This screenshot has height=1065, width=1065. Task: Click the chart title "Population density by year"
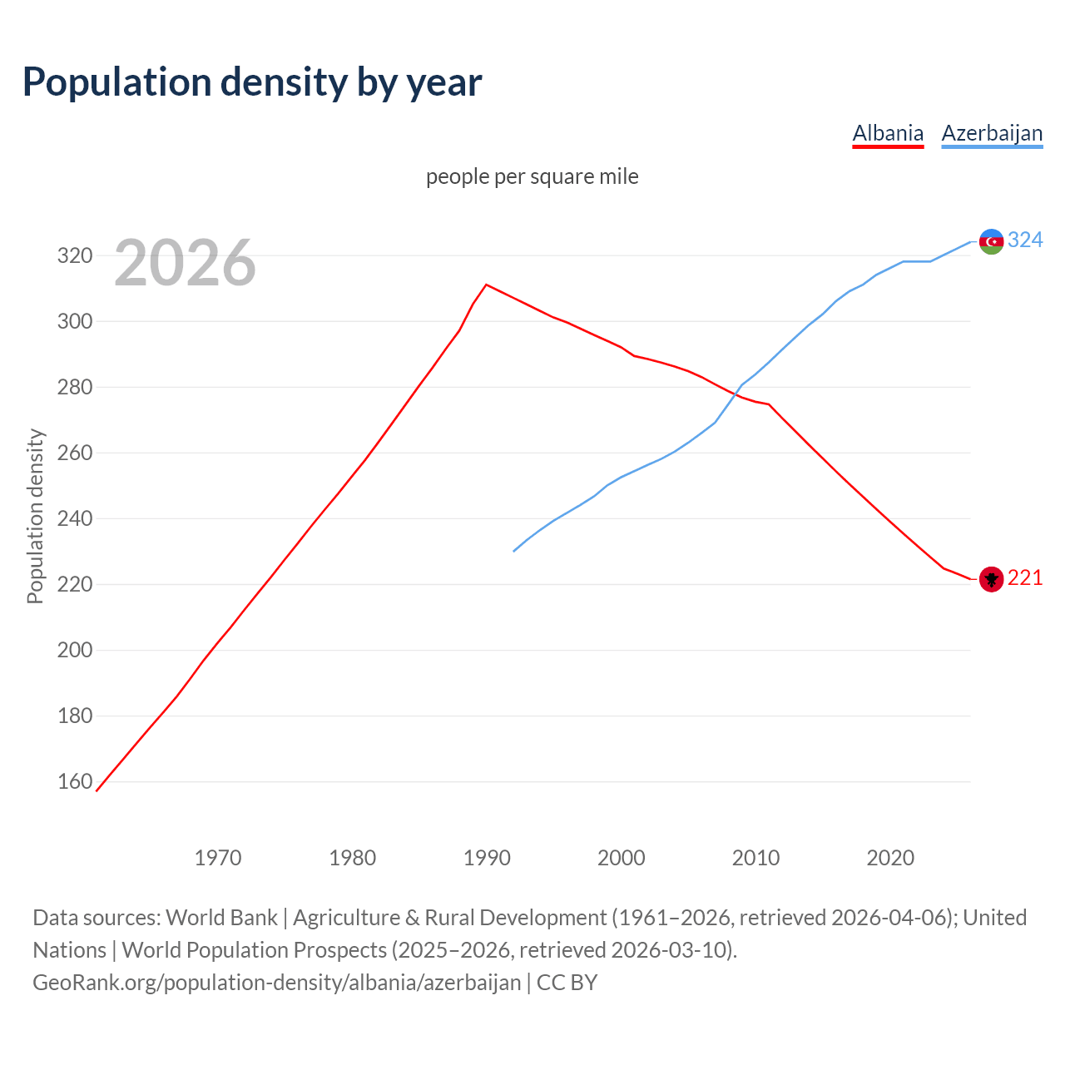coord(252,82)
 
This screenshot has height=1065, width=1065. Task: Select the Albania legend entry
coord(888,133)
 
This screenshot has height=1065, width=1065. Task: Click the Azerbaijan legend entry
coord(992,133)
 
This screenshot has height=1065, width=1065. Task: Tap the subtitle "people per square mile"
coord(532,177)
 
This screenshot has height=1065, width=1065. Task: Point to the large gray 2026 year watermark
coord(185,263)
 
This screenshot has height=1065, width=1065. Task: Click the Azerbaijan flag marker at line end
coord(991,241)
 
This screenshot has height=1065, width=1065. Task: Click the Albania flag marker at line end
coord(991,579)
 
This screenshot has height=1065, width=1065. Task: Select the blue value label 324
coord(1025,240)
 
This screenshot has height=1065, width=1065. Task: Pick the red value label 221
coord(1025,578)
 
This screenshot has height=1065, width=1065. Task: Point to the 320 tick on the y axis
coord(74,256)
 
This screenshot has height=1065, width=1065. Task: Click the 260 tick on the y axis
coord(74,453)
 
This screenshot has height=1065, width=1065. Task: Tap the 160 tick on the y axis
coord(74,782)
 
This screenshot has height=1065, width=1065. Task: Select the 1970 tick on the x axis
coord(218,858)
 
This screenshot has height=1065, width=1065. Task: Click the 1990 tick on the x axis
coord(487,858)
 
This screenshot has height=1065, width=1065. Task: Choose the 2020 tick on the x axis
coord(890,858)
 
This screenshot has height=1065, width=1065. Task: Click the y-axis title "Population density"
coord(35,516)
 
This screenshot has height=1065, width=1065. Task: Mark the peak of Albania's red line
coord(486,285)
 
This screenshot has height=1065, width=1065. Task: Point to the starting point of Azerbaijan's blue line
coord(514,551)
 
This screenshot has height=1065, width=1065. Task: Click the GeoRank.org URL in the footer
coord(276,983)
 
